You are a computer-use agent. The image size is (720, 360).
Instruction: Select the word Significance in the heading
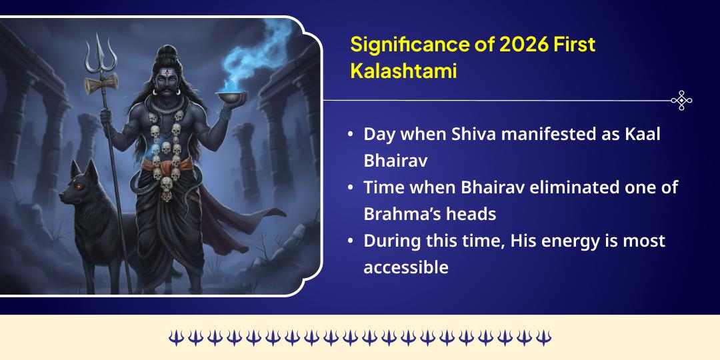click(x=399, y=45)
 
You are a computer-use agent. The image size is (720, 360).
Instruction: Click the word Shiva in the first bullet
click(x=474, y=133)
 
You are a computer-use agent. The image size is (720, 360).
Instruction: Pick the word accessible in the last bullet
click(x=405, y=267)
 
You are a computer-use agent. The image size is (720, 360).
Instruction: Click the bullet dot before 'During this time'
click(x=351, y=241)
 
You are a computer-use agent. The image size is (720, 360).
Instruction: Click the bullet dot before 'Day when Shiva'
click(x=351, y=134)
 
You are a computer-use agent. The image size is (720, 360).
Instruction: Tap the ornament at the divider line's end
click(x=681, y=100)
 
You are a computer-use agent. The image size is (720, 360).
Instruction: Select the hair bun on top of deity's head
click(x=166, y=51)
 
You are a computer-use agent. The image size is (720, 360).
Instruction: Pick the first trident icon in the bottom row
click(x=175, y=338)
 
